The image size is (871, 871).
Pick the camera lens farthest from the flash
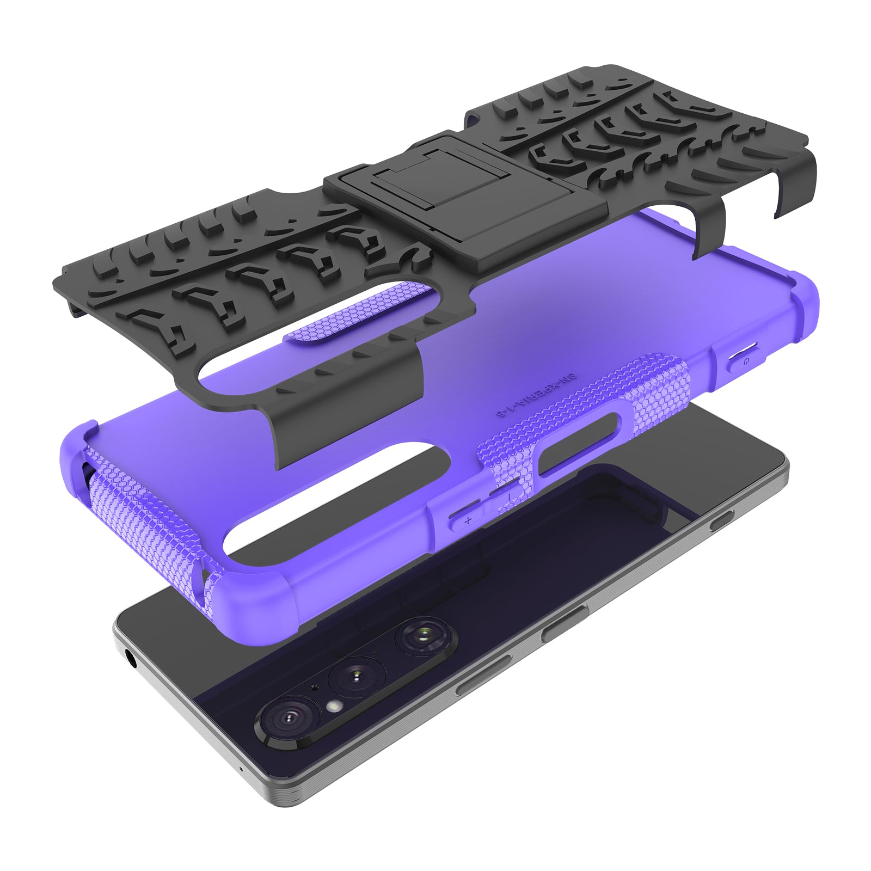click(x=424, y=635)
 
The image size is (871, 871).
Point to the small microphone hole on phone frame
click(x=241, y=770)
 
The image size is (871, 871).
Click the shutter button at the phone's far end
click(x=721, y=523)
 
